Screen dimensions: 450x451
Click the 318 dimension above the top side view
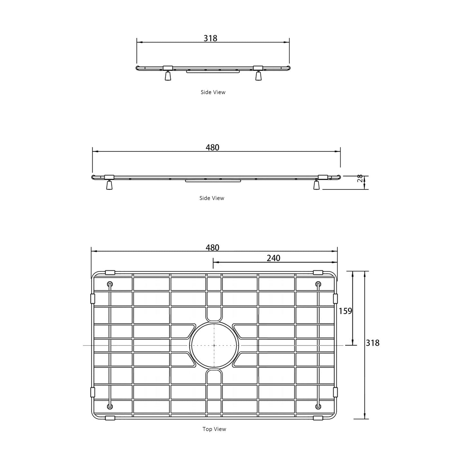point(210,38)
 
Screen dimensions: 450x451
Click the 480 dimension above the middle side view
point(212,148)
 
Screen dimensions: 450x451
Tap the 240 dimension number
point(273,258)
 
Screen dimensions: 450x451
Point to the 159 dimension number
point(345,311)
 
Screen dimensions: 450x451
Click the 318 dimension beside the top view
point(372,343)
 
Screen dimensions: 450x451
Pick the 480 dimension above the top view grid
point(212,248)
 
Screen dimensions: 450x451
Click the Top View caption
point(214,436)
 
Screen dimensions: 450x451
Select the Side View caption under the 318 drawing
point(213,92)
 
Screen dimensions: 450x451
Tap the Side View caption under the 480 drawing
point(212,198)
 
